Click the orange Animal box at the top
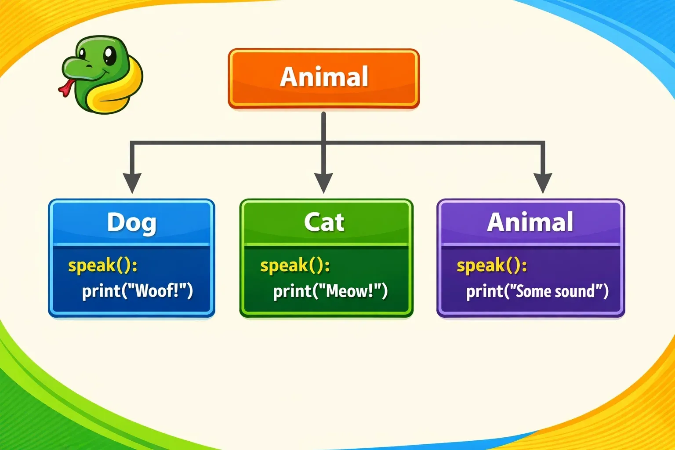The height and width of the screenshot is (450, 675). [x=323, y=78]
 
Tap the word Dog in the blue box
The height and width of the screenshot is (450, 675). [x=132, y=223]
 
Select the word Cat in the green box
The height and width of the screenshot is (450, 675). [x=324, y=222]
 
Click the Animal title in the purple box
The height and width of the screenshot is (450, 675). [x=530, y=222]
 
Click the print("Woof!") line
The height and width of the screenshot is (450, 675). [x=138, y=291]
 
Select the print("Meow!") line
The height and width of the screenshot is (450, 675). [x=330, y=291]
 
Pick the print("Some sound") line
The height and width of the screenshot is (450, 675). [x=537, y=291]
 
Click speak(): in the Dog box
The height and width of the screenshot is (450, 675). [x=103, y=266]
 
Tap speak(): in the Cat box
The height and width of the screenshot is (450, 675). [x=295, y=266]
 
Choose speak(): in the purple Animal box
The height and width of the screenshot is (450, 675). [x=492, y=266]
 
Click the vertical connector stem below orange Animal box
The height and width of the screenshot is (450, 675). [x=323, y=142]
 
